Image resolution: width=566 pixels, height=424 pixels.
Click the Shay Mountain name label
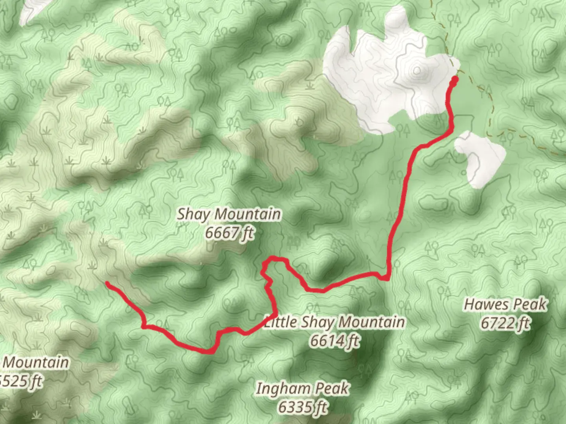[x=229, y=214]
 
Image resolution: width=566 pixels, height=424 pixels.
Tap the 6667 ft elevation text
[x=230, y=233]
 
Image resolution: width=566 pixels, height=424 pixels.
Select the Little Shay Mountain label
[x=334, y=322]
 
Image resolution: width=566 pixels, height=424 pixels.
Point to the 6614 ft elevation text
[x=334, y=341]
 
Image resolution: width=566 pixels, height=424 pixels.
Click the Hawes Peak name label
[x=505, y=304]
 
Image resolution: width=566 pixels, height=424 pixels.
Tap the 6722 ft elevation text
[x=505, y=323]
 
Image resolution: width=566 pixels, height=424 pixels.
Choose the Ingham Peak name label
[x=302, y=389]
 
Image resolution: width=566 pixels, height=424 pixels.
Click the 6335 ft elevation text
[x=302, y=407]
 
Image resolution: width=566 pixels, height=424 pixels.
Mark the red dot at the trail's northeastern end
[x=455, y=80]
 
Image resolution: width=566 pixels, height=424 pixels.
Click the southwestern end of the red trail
[x=107, y=283]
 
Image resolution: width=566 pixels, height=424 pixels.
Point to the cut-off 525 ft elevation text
[x=21, y=381]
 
